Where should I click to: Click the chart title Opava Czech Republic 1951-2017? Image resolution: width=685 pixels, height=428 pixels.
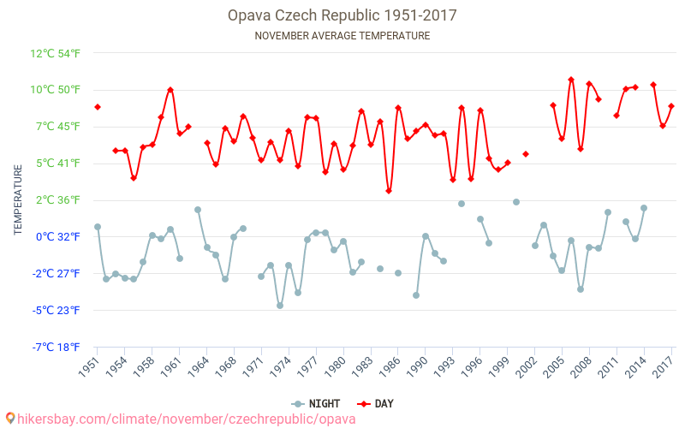pos(342,15)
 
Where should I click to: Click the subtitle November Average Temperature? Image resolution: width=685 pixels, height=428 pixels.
pos(342,36)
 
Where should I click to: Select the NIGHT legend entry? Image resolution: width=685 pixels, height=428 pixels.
pos(318,403)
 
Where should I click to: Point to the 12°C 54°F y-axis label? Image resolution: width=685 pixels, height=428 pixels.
pos(55,53)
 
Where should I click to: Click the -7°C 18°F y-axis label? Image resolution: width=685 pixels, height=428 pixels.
pos(56,347)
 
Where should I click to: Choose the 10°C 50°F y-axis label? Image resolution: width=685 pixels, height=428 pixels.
pos(55,90)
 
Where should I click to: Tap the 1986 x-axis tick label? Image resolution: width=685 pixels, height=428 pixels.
pos(391,366)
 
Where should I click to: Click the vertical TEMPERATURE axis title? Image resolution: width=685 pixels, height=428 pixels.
pos(18,200)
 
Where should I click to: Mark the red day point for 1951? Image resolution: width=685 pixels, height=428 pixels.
pos(98,107)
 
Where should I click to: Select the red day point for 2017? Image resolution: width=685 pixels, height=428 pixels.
pos(671,106)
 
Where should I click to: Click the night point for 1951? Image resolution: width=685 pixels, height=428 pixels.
pos(98,227)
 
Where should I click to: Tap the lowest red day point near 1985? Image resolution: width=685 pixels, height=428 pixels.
pos(389,191)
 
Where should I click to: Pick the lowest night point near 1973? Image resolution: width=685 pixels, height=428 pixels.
pos(280,306)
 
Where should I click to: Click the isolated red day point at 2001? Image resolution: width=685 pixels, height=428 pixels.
pos(526,154)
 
